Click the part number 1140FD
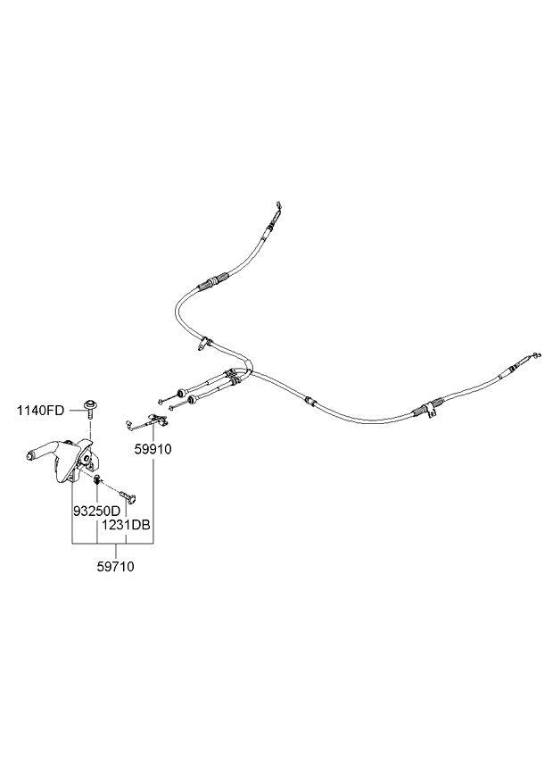41,411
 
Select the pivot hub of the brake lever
87,461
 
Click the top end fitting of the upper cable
280,211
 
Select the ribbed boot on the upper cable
210,284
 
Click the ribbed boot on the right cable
425,410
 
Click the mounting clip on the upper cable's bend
205,341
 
